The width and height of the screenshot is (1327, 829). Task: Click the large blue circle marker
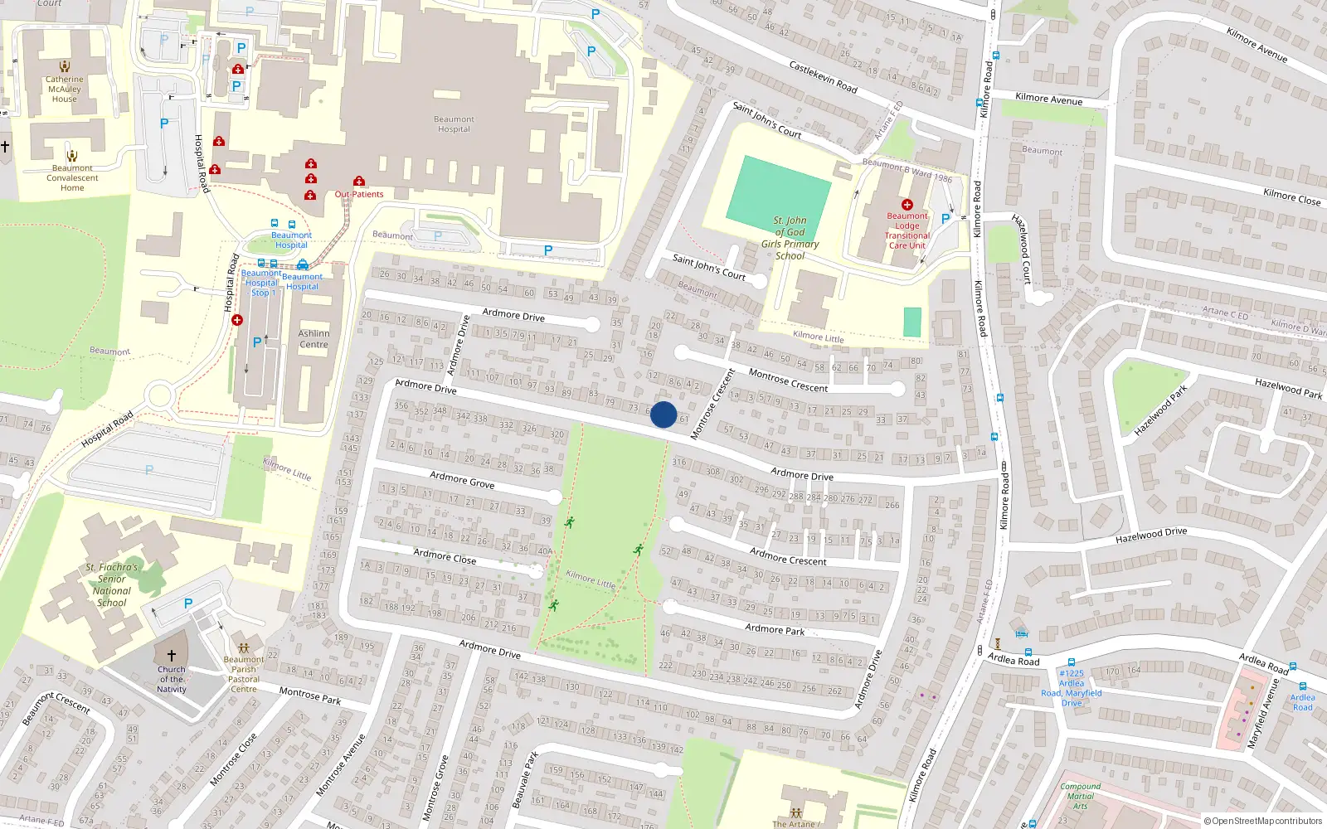point(663,414)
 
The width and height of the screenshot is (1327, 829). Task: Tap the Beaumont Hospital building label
point(454,124)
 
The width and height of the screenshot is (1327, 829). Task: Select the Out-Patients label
point(359,194)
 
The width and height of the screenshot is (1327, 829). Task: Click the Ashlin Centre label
point(314,339)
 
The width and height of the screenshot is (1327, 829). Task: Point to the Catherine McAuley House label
point(65,89)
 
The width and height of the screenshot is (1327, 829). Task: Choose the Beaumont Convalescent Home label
point(72,177)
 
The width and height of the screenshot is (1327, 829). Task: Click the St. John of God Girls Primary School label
point(790,238)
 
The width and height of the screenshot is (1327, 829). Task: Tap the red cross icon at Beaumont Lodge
point(907,204)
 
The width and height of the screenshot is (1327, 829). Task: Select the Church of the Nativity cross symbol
point(172,655)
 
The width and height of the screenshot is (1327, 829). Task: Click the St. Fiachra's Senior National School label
point(112,585)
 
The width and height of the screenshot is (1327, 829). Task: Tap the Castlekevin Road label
point(823,76)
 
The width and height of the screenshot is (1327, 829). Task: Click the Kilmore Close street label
point(1291,197)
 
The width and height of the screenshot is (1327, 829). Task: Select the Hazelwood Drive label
point(1151,536)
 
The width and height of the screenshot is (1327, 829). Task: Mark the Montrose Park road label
point(310,695)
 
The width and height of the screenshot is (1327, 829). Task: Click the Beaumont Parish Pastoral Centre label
point(244,674)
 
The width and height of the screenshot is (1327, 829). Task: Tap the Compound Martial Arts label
point(1081,796)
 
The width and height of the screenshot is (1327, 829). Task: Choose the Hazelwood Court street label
point(1021,248)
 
